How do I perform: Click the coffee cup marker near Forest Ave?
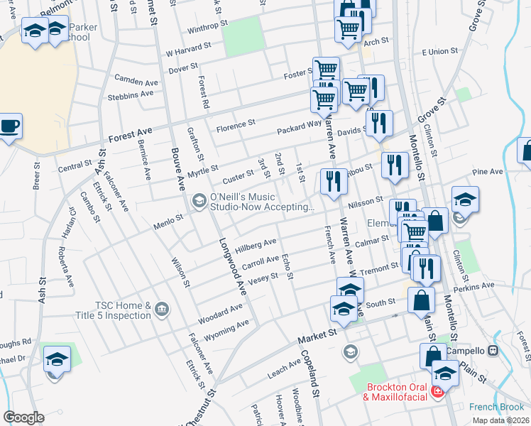coord(9,127)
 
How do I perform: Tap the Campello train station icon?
coord(493,351)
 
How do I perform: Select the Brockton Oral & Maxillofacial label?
coord(397,392)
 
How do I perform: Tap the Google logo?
coord(23,417)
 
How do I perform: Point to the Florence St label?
coord(236,126)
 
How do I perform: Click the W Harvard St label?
coord(188,50)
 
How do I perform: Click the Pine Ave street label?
coord(486,171)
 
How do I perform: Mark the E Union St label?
coord(440,52)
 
